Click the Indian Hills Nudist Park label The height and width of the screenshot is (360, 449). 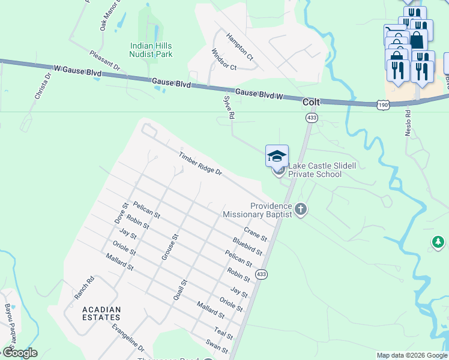pos(151,50)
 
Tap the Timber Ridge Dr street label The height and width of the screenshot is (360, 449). pos(200,164)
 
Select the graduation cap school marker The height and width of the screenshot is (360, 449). pos(277,156)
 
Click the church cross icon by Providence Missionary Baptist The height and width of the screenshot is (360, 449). pos(301,209)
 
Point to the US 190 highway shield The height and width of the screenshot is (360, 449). pos(382,105)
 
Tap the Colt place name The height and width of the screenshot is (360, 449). pos(311,102)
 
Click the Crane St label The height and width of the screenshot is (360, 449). pos(255,235)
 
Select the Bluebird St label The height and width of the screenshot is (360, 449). pos(247,246)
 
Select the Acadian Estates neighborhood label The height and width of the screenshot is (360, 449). pos(101,314)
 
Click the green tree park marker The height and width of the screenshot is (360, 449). pos(438,242)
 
